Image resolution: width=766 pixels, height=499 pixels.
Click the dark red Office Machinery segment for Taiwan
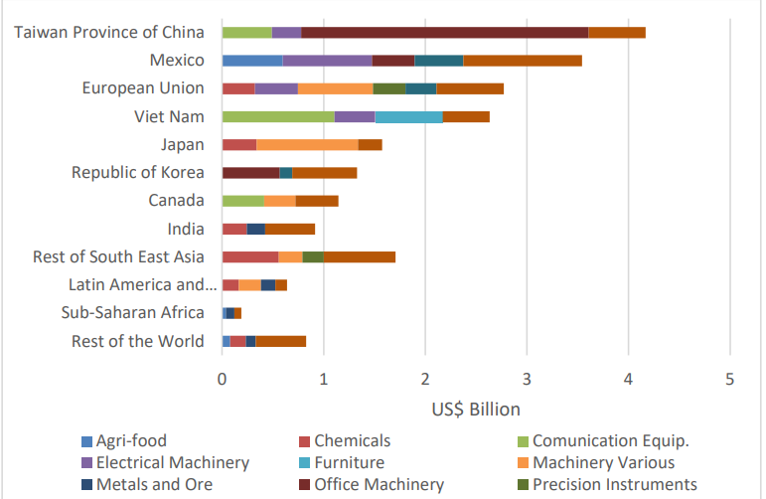click(444, 33)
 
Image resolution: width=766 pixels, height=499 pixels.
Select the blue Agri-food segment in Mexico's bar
click(252, 61)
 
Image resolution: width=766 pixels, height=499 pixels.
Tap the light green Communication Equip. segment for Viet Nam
click(278, 117)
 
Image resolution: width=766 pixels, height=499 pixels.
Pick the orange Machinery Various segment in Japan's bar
click(307, 145)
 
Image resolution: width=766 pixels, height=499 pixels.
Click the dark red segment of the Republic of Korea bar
click(250, 173)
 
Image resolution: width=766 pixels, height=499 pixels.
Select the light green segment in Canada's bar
click(242, 201)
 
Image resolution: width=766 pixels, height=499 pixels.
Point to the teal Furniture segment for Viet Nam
click(408, 117)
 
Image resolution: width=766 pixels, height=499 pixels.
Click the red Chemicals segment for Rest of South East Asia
click(249, 257)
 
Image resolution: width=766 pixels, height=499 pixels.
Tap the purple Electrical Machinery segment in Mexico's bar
click(327, 61)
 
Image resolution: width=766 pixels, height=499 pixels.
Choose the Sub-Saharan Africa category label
click(132, 313)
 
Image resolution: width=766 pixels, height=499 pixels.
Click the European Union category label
click(143, 88)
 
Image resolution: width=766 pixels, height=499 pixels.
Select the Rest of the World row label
click(138, 342)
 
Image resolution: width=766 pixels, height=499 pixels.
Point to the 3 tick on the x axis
click(527, 379)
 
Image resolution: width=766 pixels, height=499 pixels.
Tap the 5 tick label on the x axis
click(729, 379)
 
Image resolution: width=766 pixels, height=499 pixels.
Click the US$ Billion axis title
click(476, 409)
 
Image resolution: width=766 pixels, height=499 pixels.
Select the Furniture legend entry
click(349, 463)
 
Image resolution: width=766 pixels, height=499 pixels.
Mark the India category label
click(185, 229)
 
